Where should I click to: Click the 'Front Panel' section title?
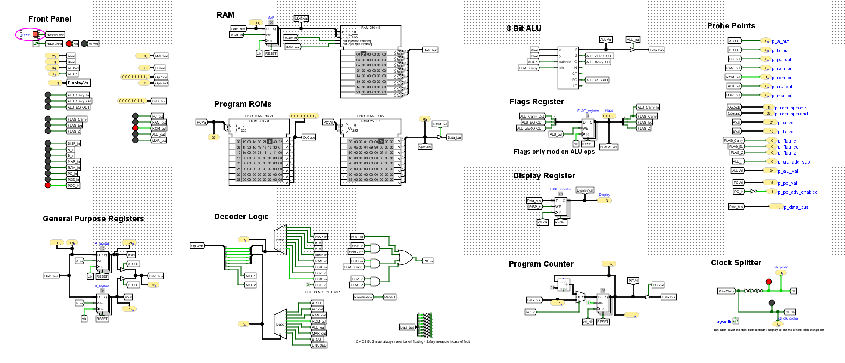click(x=50, y=19)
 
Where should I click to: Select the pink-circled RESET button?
click(x=36, y=34)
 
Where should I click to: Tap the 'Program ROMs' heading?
click(x=243, y=104)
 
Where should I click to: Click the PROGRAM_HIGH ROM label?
click(x=259, y=116)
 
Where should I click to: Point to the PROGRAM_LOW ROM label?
click(x=370, y=116)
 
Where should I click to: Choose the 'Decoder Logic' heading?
click(x=241, y=217)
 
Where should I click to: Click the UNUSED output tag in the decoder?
click(x=319, y=345)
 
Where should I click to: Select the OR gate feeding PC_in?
click(x=405, y=258)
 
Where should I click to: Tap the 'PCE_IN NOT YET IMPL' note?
click(x=323, y=292)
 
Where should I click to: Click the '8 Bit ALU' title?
click(x=524, y=28)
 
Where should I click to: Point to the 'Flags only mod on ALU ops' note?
click(x=554, y=152)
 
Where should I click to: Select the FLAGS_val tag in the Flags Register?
click(x=608, y=147)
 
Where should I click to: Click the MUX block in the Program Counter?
click(x=580, y=297)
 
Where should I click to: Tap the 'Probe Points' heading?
click(x=731, y=26)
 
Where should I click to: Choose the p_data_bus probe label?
click(x=796, y=208)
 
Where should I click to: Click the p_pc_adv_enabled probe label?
click(x=798, y=192)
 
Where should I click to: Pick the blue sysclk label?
click(x=724, y=322)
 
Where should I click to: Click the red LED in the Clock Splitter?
click(x=769, y=282)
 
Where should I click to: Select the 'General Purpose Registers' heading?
click(x=94, y=219)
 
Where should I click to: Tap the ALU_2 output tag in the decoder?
click(x=250, y=285)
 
